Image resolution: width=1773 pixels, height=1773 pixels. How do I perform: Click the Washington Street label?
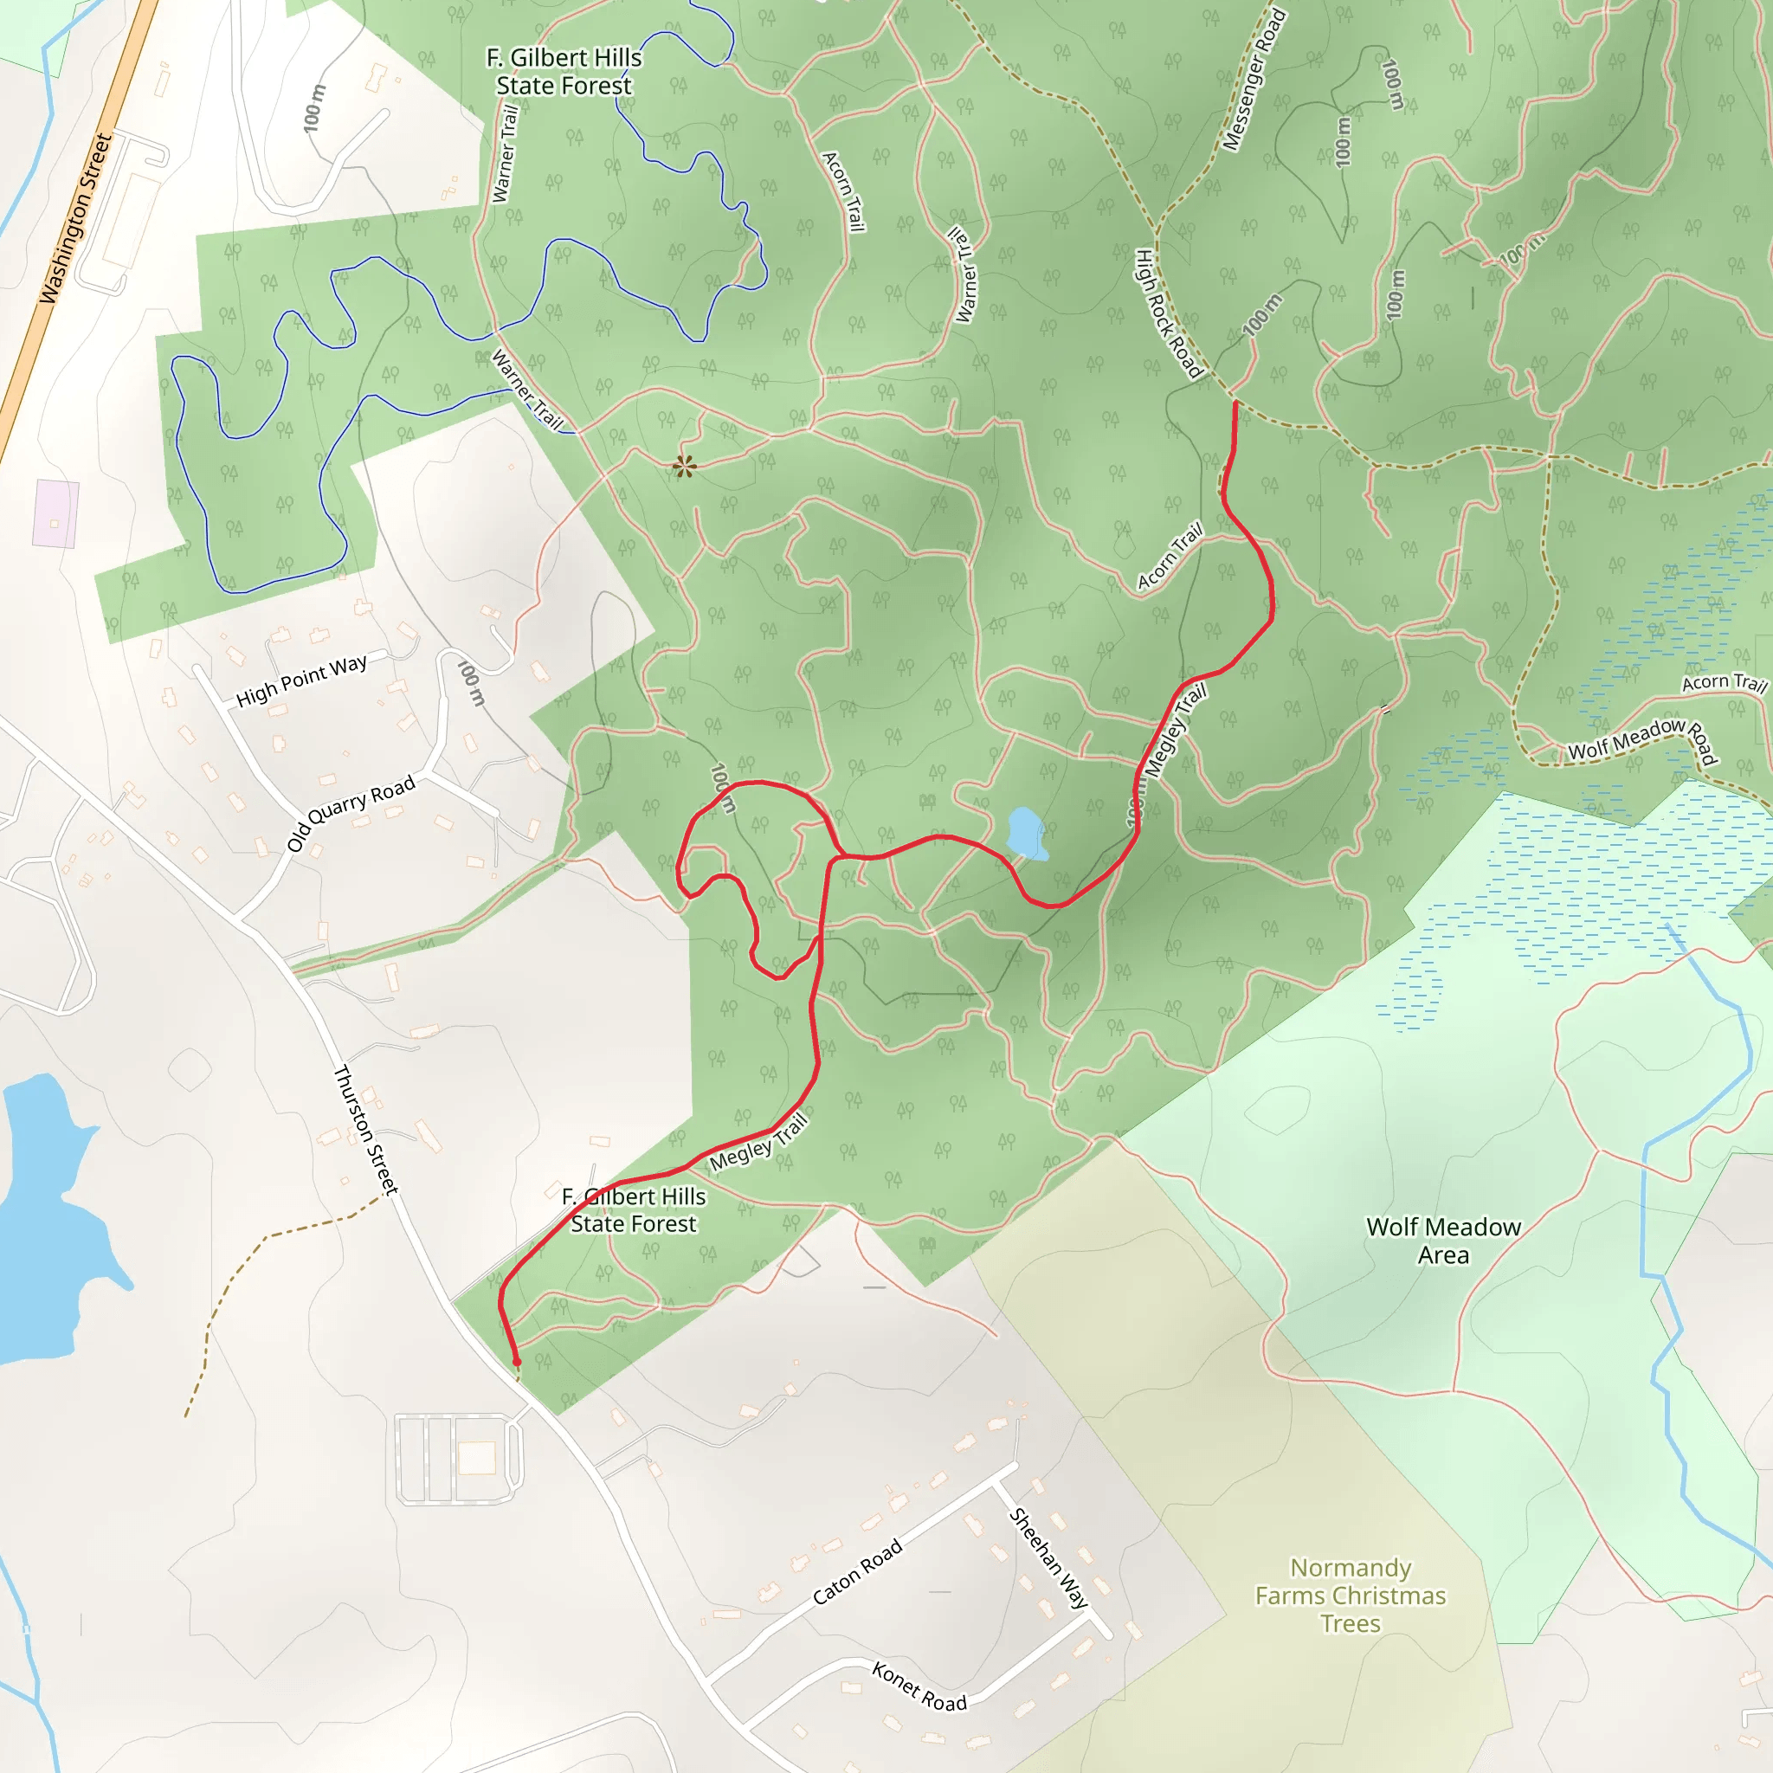click(76, 218)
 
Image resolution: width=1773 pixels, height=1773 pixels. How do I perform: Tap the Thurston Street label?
click(366, 1130)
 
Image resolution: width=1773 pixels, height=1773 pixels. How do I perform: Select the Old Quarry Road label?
click(351, 813)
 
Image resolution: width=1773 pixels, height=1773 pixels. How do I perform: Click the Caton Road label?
click(857, 1572)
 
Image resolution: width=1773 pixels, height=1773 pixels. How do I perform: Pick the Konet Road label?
click(919, 1686)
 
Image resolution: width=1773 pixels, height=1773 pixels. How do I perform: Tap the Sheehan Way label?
click(1048, 1557)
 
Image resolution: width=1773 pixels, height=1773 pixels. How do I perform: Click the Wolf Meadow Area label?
click(1442, 1241)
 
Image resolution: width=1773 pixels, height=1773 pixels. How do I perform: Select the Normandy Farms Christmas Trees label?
click(1350, 1595)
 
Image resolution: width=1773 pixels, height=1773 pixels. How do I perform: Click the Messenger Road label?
click(1254, 80)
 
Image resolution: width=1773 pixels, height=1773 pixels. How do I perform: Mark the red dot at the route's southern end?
click(517, 1362)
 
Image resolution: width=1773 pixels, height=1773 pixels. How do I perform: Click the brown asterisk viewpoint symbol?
click(684, 467)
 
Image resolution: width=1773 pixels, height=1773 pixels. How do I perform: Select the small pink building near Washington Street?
click(55, 513)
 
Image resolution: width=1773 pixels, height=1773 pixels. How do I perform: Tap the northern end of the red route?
click(1235, 403)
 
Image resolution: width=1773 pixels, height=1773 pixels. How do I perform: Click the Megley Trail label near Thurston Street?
click(758, 1143)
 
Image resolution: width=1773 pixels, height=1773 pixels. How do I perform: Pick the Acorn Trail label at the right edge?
click(1724, 683)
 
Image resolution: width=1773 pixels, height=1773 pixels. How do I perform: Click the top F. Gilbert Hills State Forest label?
click(564, 72)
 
